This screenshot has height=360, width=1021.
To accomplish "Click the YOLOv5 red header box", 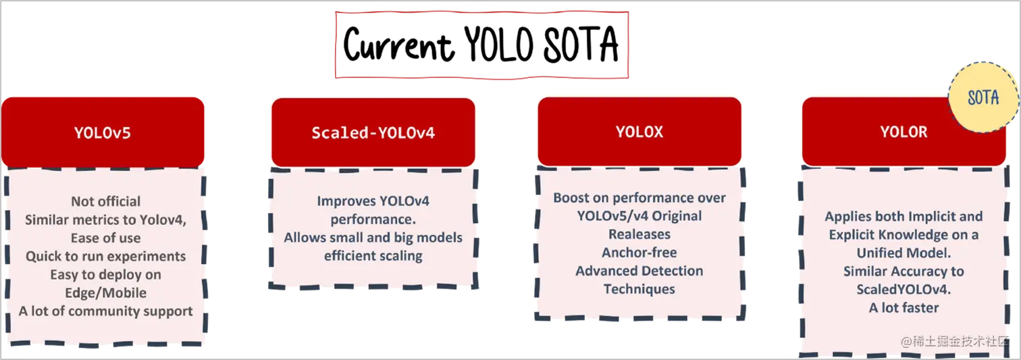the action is [103, 132].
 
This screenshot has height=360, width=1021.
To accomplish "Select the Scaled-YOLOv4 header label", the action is [373, 132].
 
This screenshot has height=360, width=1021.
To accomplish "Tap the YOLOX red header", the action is [639, 132].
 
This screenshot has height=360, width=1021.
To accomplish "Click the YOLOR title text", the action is [904, 132].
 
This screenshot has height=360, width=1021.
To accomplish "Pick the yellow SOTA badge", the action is [983, 98].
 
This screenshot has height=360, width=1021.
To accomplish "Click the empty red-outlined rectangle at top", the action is [482, 45].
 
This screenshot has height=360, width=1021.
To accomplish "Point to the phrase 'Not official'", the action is [106, 201].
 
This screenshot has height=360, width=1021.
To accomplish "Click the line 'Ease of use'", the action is [106, 238].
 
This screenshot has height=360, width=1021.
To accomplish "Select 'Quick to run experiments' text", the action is [106, 256].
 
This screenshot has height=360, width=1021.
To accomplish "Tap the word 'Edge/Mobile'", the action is [106, 292].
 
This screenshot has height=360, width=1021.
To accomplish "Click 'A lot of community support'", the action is [106, 311].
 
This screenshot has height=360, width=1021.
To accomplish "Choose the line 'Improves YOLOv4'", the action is [373, 201].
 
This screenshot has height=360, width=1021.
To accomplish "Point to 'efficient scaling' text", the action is [373, 256].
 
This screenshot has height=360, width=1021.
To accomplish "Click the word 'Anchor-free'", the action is [639, 253].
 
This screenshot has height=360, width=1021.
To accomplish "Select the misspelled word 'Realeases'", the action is [639, 234].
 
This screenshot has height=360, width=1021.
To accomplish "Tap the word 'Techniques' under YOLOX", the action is [639, 289].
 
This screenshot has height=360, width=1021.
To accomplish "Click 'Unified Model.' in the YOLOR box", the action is [904, 253].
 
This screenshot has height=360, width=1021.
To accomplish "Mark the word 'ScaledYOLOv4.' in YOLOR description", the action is [904, 289].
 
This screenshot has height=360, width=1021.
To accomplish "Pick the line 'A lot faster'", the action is [904, 307].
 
